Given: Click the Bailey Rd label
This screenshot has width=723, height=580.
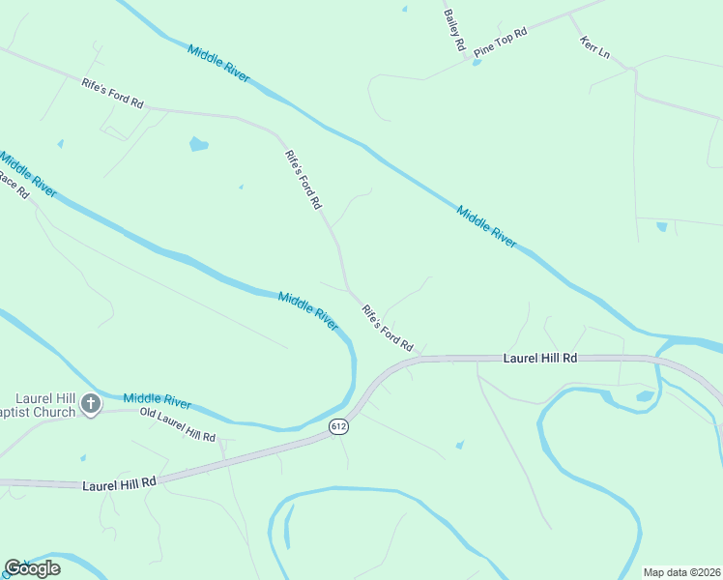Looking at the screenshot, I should tap(454, 30).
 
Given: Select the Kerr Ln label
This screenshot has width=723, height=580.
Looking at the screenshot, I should tap(594, 47).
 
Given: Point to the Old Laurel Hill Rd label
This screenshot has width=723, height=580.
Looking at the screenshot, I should tap(177, 425).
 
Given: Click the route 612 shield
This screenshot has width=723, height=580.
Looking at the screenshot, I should tap(337, 426).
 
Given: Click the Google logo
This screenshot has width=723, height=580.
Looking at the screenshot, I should tap(32, 568).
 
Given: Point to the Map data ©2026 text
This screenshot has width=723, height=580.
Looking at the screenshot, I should tap(681, 572).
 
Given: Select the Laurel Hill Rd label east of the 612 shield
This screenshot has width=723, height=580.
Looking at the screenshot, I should tap(540, 358).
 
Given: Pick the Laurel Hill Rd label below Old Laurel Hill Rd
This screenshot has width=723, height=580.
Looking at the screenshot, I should tap(119, 480).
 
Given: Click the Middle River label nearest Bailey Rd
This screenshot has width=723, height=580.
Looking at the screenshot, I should tap(219, 64).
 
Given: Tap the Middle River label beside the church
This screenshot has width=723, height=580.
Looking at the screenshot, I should tap(157, 401).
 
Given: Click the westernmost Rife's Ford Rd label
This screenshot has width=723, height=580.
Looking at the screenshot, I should tap(113, 92).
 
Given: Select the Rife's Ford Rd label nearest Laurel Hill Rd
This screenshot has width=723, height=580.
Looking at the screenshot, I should tap(388, 328).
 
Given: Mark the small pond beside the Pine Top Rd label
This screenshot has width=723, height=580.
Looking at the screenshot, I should tap(477, 63).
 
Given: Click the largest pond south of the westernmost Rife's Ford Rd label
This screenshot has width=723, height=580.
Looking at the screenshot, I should tap(199, 145).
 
